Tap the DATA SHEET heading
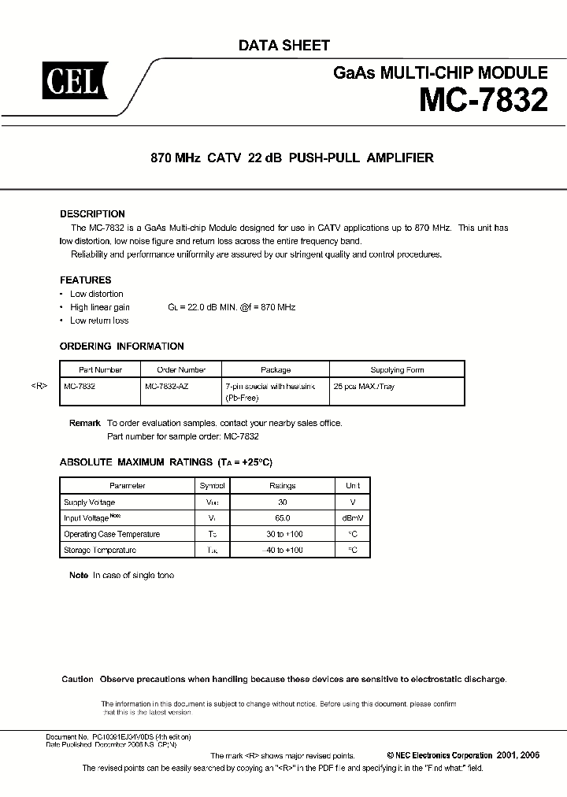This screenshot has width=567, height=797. click(283, 46)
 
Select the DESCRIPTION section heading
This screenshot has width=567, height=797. click(92, 214)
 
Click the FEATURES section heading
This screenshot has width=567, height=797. click(86, 280)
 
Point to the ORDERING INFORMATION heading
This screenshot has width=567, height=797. click(122, 346)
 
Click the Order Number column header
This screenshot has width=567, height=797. click(181, 369)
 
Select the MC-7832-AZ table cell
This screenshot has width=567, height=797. click(167, 387)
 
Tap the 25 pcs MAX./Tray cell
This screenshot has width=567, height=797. click(364, 387)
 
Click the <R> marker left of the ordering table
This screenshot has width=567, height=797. click(40, 387)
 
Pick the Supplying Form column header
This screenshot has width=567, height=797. click(397, 369)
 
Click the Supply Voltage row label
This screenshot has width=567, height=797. click(89, 502)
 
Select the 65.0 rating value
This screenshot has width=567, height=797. click(282, 518)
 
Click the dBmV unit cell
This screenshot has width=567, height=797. click(352, 518)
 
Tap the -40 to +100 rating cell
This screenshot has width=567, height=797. click(282, 550)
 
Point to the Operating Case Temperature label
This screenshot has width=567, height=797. click(112, 534)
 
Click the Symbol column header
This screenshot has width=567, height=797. click(212, 486)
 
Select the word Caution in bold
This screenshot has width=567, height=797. click(77, 679)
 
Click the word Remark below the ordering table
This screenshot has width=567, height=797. click(85, 423)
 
